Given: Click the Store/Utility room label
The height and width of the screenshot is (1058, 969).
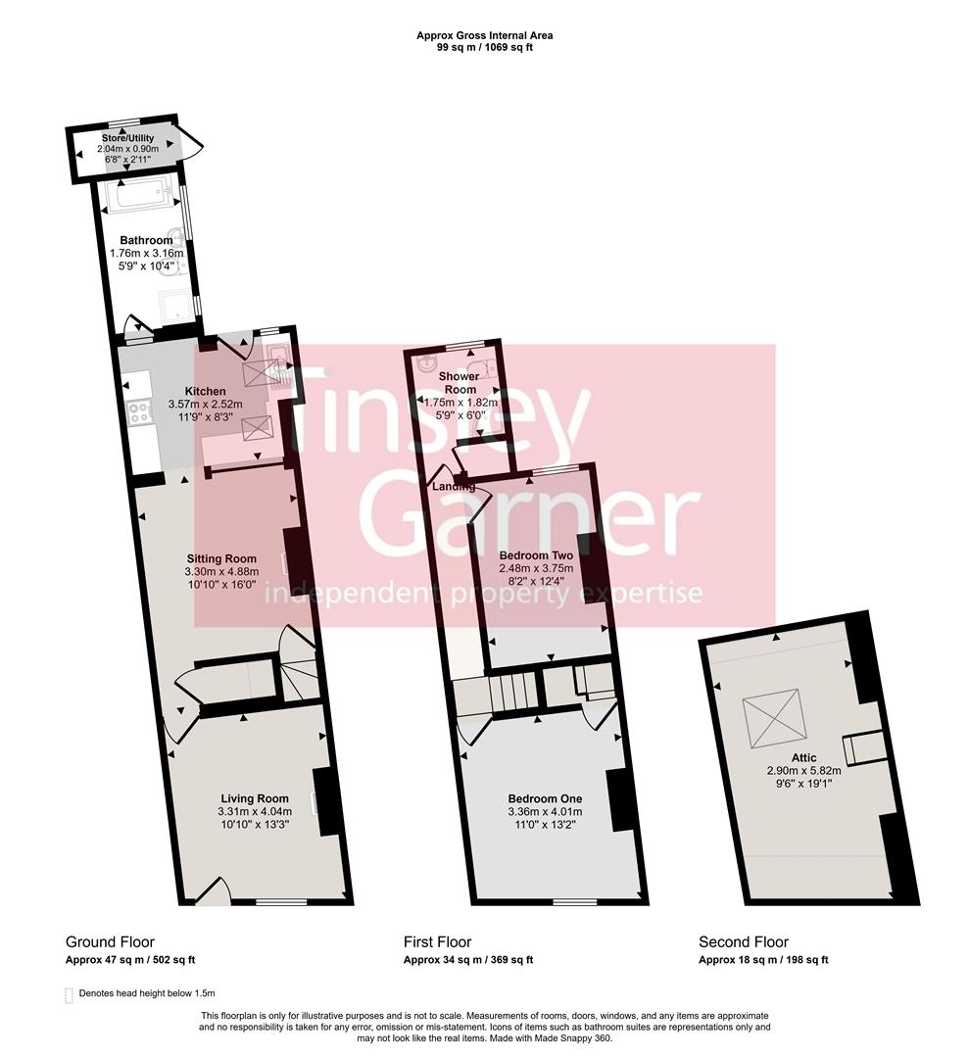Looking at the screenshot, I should [x=128, y=138].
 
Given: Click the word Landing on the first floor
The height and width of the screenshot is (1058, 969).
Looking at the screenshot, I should [x=454, y=487].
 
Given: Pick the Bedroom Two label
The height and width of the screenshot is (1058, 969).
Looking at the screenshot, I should [x=535, y=555].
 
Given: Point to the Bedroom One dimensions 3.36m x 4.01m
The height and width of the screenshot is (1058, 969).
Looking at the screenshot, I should [x=545, y=811].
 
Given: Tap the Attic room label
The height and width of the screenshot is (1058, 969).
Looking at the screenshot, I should [x=804, y=757].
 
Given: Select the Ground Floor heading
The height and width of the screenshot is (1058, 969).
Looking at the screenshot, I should [x=110, y=942].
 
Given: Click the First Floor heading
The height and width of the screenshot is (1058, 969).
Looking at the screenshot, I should [x=437, y=942].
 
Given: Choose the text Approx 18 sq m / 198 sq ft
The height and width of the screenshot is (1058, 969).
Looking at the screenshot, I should [x=763, y=960].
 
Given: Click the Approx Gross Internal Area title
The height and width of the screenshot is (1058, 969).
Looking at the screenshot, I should [x=484, y=35].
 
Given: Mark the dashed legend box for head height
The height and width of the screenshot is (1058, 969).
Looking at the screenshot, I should [x=69, y=994].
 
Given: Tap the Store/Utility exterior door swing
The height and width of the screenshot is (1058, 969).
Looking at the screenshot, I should [x=192, y=144].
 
